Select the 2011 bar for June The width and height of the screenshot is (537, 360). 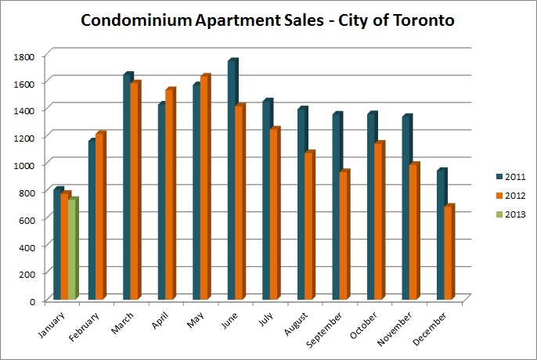click(232, 180)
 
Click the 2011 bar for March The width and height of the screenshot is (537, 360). click(128, 188)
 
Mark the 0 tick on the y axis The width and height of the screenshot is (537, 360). click(32, 301)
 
